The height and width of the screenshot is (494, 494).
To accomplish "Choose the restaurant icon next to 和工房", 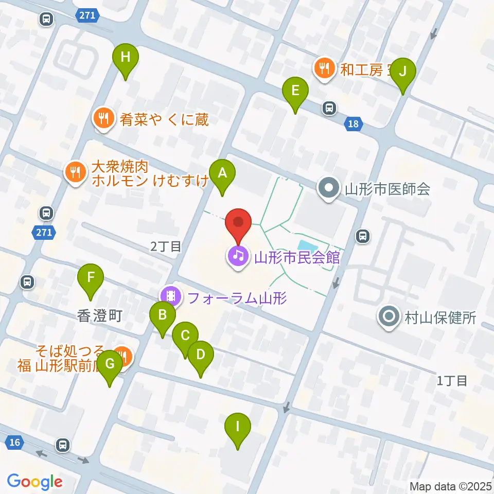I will (324, 68).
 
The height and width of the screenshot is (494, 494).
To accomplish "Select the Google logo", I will (34, 482).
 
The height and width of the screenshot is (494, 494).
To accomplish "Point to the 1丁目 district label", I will (452, 381).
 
